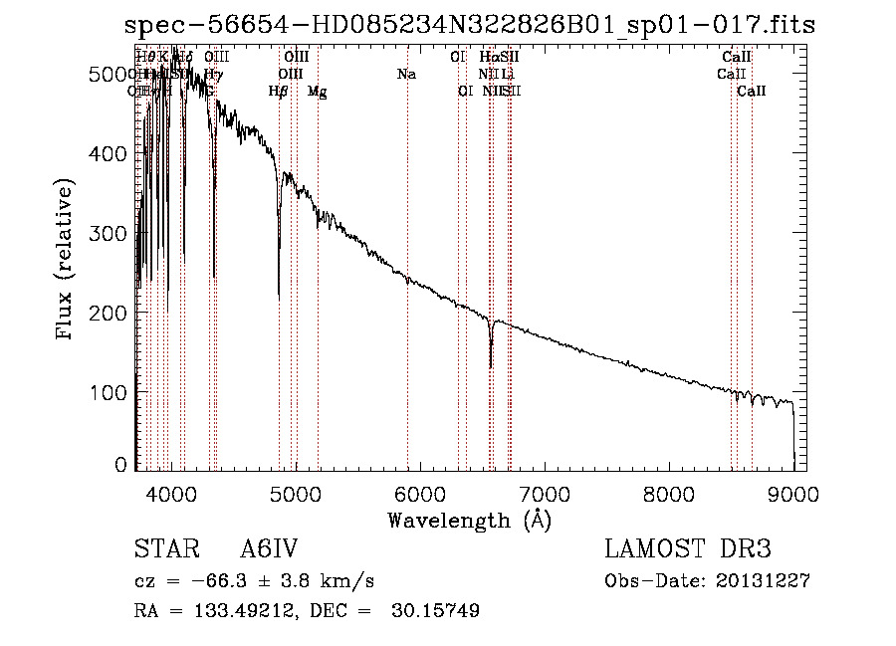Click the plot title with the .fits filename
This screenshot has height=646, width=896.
pos(475,25)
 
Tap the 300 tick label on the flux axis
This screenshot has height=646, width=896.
pos(116,233)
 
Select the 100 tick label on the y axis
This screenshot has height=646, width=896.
pos(116,392)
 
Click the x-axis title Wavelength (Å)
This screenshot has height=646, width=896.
pos(469,520)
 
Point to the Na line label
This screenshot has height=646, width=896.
pos(406,75)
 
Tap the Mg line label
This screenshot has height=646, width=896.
pos(318,92)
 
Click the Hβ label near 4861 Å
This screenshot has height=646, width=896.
pos(279,92)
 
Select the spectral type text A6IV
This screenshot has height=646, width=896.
pos(270,550)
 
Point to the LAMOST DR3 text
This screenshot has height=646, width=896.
pos(687,550)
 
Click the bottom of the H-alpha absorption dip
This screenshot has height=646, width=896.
pos(491,366)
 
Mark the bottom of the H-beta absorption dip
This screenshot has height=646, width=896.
pos(279,298)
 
